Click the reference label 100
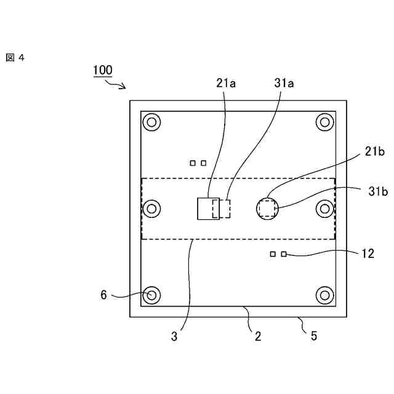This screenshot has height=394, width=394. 103,70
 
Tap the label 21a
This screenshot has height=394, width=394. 226,83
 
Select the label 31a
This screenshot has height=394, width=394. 283,83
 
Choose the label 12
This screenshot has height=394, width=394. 368,253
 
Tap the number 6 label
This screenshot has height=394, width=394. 104,295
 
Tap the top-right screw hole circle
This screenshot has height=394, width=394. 324,123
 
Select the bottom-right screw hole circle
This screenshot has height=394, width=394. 324,295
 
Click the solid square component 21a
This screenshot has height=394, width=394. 204,209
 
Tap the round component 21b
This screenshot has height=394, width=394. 267,209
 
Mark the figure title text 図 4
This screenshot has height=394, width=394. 15,57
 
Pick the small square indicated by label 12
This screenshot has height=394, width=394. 284,254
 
